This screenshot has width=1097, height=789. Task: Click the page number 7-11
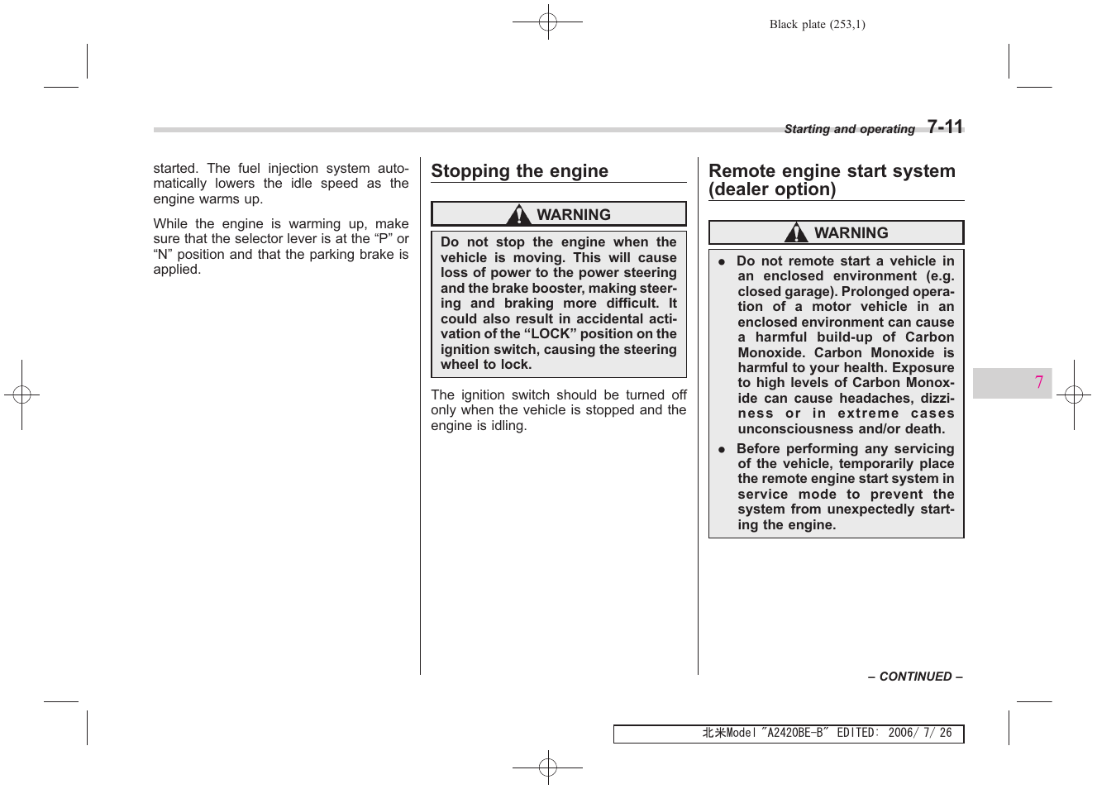(945, 127)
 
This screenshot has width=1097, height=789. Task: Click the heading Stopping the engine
(519, 171)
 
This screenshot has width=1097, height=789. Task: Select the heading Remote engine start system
(832, 171)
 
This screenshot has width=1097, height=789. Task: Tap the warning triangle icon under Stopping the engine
(519, 215)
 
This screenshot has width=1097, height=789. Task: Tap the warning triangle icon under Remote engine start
(796, 233)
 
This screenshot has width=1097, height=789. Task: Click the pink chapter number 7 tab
(1038, 382)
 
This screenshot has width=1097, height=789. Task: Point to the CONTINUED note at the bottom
(915, 677)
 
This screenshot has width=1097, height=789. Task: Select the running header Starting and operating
(849, 129)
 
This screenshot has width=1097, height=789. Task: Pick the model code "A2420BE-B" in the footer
(794, 733)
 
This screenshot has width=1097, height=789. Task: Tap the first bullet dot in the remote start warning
(721, 262)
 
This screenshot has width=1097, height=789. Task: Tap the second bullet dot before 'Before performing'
(721, 450)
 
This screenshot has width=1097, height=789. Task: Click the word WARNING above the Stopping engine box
(573, 215)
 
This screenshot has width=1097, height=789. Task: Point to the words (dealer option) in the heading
(772, 189)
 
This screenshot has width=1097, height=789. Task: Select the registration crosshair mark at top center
(547, 22)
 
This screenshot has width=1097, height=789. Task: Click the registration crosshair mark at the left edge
(21, 395)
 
